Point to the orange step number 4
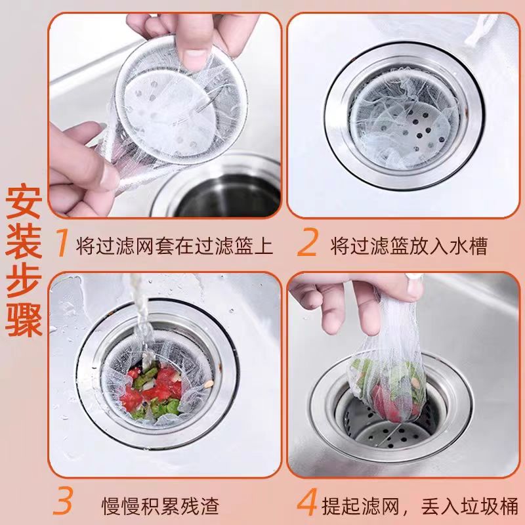click(306, 506)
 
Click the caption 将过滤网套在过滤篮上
click(174, 245)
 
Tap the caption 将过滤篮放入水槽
click(412, 245)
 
